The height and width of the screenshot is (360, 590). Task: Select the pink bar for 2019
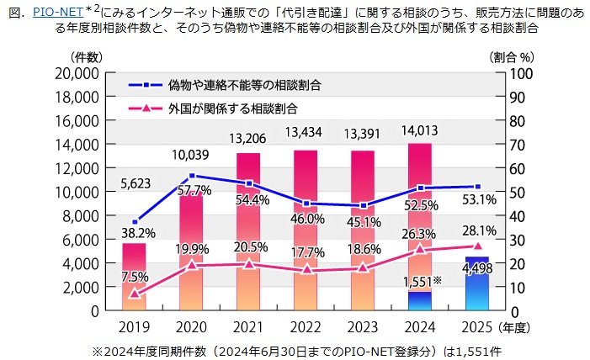134,278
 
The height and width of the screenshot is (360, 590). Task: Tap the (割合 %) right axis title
513,56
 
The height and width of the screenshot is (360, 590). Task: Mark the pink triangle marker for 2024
420,250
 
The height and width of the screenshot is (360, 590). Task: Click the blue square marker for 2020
192,176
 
